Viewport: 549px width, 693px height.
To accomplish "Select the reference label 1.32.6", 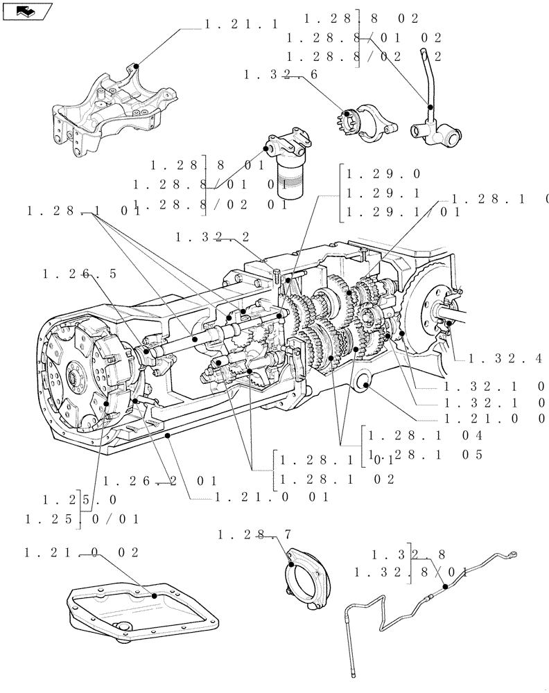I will pyautogui.click(x=281, y=75).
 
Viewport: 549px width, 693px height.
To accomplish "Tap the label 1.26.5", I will pyautogui.click(x=80, y=274).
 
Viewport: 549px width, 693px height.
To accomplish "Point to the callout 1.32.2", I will pyautogui.click(x=213, y=237).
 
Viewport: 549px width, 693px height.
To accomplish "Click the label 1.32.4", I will pyautogui.click(x=505, y=359).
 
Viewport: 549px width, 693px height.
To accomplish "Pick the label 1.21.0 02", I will pyautogui.click(x=82, y=552).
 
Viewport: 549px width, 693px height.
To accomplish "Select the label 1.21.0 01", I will pyautogui.click(x=270, y=497).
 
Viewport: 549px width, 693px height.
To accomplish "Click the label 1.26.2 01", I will pyautogui.click(x=160, y=480).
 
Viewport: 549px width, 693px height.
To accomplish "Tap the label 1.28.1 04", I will pyautogui.click(x=424, y=436).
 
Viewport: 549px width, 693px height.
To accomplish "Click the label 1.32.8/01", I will pyautogui.click(x=412, y=572).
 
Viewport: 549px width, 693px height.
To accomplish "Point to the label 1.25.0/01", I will pyautogui.click(x=82, y=518).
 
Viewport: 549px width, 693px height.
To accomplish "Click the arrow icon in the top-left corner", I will pyautogui.click(x=26, y=10).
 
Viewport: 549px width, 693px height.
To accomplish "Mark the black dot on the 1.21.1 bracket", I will pyautogui.click(x=136, y=66).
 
